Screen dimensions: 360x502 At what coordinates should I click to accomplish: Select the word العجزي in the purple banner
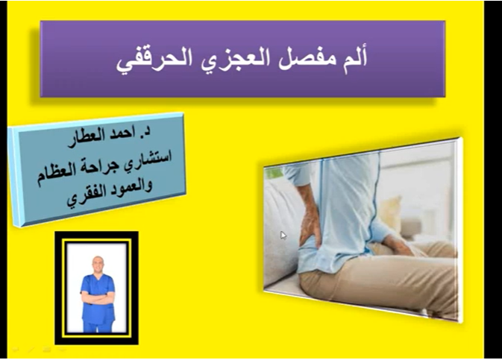(x=239, y=58)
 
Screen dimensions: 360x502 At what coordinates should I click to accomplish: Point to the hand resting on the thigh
(x=400, y=246)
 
